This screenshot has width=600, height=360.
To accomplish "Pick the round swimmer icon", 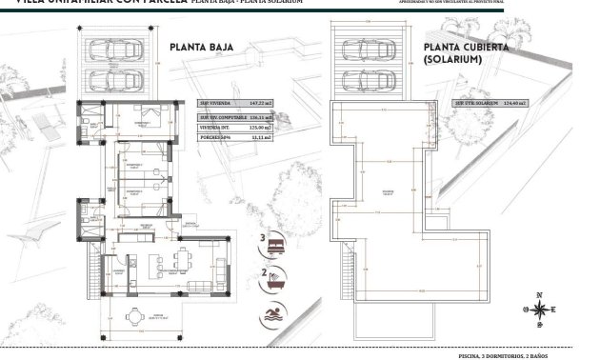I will [x=276, y=311].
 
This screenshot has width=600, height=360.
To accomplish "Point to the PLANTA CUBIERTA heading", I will [x=468, y=46].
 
